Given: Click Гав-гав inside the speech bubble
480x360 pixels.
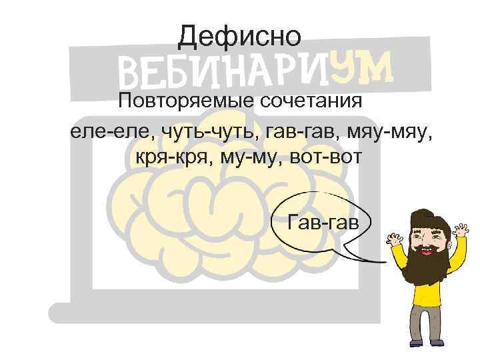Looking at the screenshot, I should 323,220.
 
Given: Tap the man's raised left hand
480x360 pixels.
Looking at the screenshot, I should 461,231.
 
